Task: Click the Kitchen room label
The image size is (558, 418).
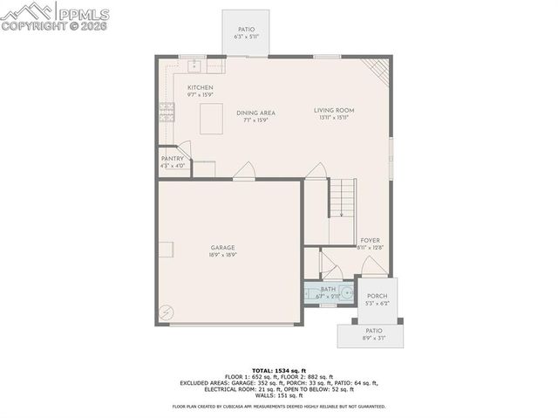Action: point(200,88)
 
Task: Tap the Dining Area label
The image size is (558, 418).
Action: point(255,113)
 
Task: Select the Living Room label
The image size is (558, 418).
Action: point(334,110)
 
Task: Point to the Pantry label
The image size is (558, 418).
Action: point(173,159)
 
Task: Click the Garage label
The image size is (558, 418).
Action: point(222,248)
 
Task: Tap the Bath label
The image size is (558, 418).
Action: point(328,289)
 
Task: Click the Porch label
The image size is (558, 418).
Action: point(377,297)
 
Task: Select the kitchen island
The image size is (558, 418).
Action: point(210,119)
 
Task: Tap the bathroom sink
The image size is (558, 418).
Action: point(346,293)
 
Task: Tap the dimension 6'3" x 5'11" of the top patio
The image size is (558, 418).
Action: point(246,37)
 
